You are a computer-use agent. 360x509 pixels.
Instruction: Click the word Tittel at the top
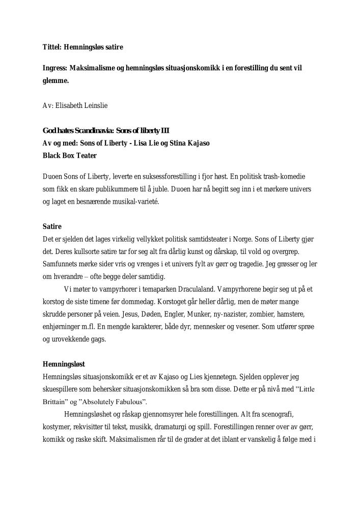coord(51,47)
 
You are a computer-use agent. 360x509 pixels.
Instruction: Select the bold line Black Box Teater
coord(69,155)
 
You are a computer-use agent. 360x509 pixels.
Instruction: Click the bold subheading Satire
coord(52,227)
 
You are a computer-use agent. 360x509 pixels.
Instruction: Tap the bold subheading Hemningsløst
coord(64,364)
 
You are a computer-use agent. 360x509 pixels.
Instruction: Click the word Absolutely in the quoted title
coord(109,401)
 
